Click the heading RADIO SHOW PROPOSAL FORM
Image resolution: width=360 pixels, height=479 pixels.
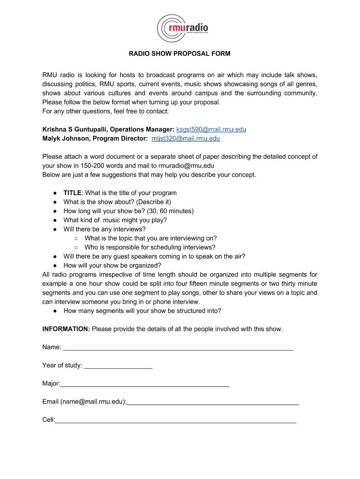point(180,54)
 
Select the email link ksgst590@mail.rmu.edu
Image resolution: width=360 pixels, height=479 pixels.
point(211,129)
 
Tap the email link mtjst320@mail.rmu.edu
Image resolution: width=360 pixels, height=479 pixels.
point(186,138)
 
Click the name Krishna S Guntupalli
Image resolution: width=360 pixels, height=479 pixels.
point(75,129)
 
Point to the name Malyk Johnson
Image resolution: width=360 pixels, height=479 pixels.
point(66,138)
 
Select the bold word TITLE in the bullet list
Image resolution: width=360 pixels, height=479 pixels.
point(72,193)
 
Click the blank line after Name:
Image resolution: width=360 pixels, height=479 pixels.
point(178,347)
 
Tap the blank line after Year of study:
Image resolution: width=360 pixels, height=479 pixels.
point(118,365)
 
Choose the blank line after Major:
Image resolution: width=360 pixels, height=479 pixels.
point(144,384)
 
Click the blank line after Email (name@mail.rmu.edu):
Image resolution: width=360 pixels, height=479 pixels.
point(213,401)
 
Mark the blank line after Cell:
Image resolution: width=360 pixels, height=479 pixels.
point(176,420)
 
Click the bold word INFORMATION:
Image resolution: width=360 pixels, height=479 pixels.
point(66,329)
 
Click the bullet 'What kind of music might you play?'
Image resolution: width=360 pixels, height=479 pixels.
point(115,220)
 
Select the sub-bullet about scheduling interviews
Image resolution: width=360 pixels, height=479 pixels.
point(150,247)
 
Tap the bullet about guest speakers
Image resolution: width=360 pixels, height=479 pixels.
point(154,256)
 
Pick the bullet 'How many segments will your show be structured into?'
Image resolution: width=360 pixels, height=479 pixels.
point(142,311)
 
